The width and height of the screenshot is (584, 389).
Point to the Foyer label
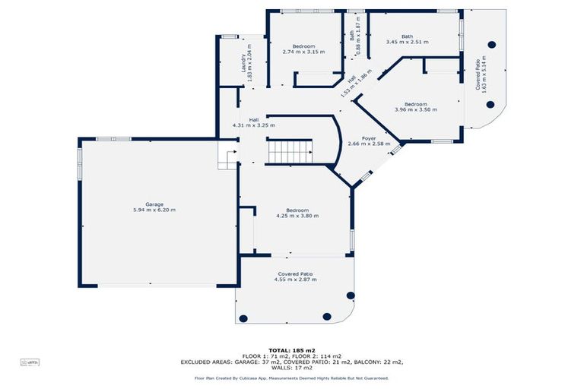pos(369,138)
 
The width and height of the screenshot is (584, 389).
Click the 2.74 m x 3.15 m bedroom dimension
pos(303,52)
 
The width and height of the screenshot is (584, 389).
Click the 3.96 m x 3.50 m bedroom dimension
pos(415,110)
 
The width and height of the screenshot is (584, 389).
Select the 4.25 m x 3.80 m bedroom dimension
pos(297,216)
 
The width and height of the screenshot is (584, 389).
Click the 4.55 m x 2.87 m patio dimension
pos(295,280)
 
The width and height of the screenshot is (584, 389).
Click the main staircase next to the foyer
pos(289,151)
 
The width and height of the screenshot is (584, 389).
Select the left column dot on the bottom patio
pos(243,318)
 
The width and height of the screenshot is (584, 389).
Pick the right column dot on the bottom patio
pos(327,316)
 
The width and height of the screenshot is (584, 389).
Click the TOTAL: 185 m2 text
pos(292,351)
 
